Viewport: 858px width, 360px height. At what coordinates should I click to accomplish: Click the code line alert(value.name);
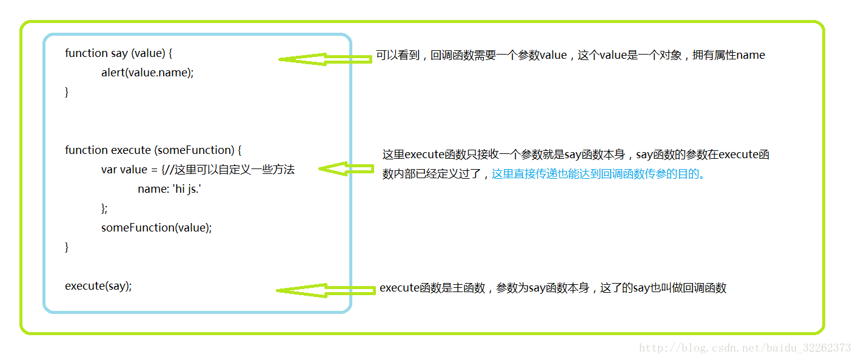[x=147, y=72]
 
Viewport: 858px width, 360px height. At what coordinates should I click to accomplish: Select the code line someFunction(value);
[x=156, y=227]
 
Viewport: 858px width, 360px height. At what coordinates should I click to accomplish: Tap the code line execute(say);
[x=98, y=286]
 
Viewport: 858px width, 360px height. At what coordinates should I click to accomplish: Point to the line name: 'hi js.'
[x=169, y=189]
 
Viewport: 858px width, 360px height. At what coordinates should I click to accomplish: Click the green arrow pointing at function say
[x=325, y=59]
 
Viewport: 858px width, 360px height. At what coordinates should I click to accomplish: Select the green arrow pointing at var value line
[x=346, y=168]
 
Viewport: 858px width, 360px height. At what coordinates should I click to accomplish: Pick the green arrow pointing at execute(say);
[x=326, y=290]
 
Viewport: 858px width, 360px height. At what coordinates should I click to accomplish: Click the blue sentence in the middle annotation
[x=598, y=174]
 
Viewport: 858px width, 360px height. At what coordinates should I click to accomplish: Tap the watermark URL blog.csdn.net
[x=745, y=348]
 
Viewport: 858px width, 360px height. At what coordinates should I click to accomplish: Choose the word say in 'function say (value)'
[x=119, y=53]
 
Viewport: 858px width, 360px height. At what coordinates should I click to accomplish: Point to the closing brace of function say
[x=67, y=92]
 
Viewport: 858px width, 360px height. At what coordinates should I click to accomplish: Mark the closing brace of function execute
[x=67, y=247]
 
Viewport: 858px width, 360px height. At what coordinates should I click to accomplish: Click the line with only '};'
[x=104, y=208]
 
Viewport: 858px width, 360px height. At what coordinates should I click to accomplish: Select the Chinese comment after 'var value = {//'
[x=235, y=169]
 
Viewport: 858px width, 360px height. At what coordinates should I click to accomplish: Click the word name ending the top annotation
[x=750, y=55]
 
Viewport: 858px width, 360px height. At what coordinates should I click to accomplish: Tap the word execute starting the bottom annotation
[x=399, y=288]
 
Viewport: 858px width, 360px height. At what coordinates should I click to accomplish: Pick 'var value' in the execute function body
[x=124, y=170]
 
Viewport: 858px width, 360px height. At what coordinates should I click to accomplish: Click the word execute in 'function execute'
[x=131, y=150]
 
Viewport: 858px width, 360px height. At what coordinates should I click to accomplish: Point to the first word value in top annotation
[x=553, y=55]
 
